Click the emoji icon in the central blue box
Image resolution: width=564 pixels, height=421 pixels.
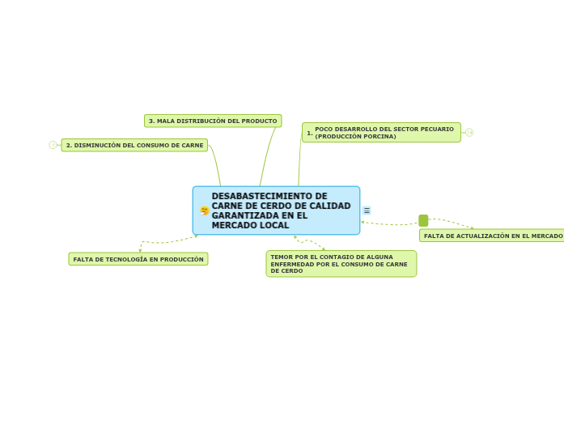[x=205, y=210]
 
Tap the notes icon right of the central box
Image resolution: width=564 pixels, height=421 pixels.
[x=367, y=210]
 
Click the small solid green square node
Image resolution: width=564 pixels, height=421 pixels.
[x=423, y=220]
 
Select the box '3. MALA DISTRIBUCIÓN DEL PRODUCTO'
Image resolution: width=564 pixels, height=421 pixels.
[x=213, y=121]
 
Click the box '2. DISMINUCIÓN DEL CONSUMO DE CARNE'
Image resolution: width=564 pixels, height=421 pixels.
[x=134, y=145]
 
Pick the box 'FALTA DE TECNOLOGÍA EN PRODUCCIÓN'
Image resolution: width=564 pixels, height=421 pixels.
[x=138, y=259]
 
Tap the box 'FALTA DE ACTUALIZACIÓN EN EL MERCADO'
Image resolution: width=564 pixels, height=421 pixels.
[x=492, y=236]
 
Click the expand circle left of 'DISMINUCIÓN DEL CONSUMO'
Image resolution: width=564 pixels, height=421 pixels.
[x=53, y=145]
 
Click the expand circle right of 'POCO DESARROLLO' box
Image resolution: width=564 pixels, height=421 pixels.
[x=469, y=132]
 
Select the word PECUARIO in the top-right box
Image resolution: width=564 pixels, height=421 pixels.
[x=438, y=129]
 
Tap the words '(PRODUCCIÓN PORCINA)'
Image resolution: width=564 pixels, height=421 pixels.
[x=355, y=136]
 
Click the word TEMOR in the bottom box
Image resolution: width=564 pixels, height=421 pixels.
[x=280, y=257]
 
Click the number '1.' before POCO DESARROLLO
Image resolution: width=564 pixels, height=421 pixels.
[x=309, y=133]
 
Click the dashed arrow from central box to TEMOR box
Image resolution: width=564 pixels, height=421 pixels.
[x=309, y=242]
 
